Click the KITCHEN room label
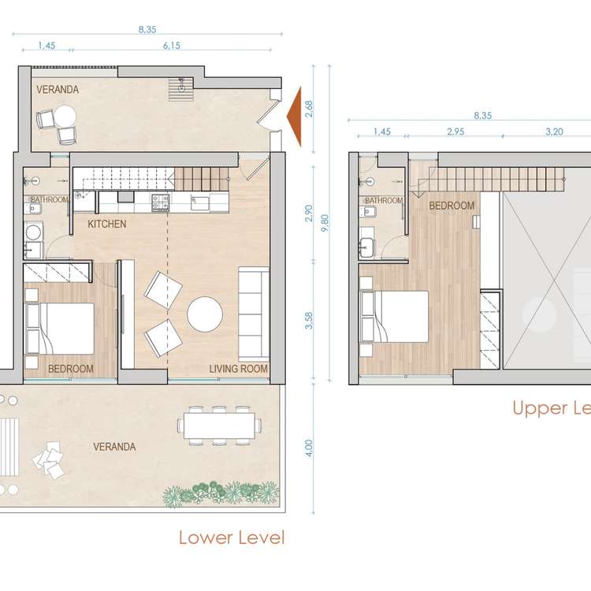[107, 224]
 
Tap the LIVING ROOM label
[239, 369]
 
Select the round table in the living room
[205, 314]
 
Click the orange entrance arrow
[294, 117]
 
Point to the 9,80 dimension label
[325, 223]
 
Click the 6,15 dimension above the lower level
[172, 46]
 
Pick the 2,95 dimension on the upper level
[455, 132]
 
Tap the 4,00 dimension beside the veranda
[309, 448]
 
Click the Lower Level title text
[232, 537]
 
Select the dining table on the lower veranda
[219, 426]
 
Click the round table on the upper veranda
[65, 116]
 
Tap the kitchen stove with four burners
[160, 202]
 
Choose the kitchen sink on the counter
[200, 203]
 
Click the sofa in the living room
[253, 314]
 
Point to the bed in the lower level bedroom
[60, 329]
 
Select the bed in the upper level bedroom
[395, 317]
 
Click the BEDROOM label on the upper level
[452, 206]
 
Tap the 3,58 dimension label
[309, 321]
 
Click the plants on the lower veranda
[221, 493]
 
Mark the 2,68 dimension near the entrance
[309, 109]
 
